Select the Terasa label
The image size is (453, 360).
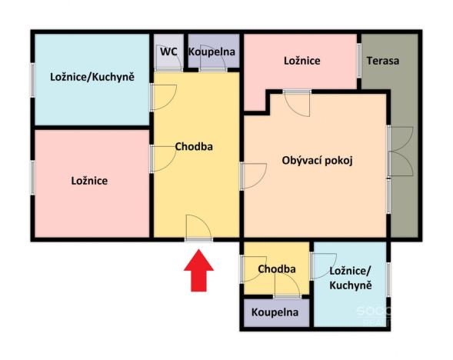coord(382,61)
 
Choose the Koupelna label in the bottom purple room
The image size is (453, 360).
coord(275,313)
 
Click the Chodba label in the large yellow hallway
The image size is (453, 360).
coord(193,146)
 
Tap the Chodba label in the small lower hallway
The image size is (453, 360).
coord(277,268)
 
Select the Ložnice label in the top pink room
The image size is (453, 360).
coord(301,60)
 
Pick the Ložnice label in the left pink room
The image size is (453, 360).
coord(88,181)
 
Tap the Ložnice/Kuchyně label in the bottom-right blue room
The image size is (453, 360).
coord(351,278)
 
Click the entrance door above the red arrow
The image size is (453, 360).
coord(198,228)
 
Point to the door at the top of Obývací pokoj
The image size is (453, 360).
coord(296,102)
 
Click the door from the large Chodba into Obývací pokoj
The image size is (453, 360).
coord(251,175)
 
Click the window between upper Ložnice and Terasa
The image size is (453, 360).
coord(358,60)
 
